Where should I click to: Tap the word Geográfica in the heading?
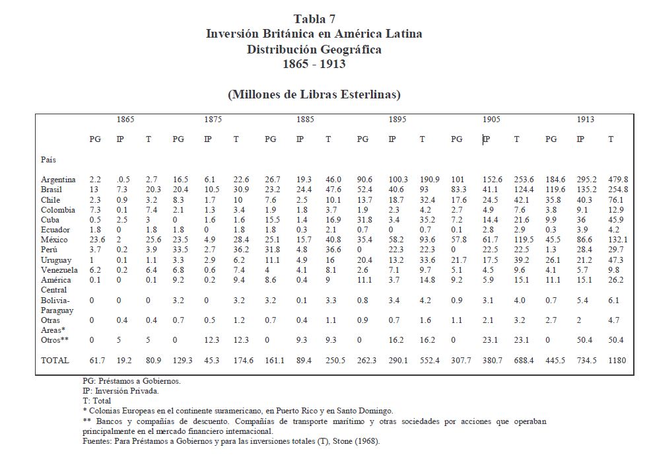coord(349,49)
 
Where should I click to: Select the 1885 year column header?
coord(305,120)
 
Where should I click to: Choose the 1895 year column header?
coord(397,120)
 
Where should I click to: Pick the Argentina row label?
coord(58,180)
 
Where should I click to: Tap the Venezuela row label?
coord(59,270)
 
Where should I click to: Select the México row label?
coord(55,240)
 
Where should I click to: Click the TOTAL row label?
coord(55,361)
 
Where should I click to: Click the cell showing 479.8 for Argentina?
coord(618,180)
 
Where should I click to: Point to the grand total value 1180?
coord(617,361)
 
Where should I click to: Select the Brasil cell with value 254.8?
coord(618,190)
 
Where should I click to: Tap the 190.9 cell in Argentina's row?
coord(430,180)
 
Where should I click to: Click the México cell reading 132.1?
coord(618,240)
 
